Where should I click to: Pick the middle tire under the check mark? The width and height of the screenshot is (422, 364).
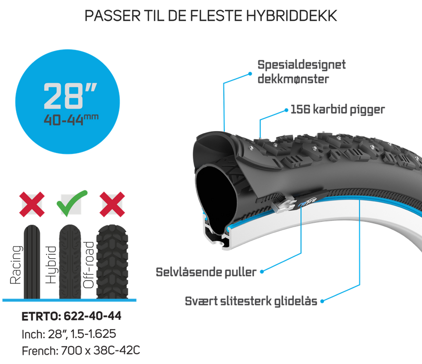tap(71, 261)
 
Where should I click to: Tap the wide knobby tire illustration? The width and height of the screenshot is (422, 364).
tap(112, 261)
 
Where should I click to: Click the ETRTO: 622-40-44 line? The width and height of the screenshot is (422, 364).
tap(71, 317)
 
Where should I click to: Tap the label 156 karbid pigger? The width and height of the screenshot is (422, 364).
tap(337, 110)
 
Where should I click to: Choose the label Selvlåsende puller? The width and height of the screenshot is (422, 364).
tap(205, 271)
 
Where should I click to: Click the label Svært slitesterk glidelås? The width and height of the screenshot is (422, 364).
tap(250, 301)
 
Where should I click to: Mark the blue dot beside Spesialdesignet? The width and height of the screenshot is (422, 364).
tap(251, 73)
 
